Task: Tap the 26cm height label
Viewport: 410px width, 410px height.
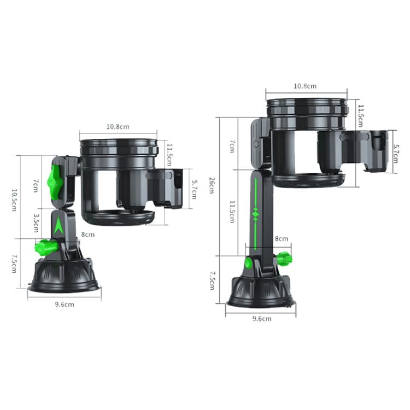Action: tap(213, 186)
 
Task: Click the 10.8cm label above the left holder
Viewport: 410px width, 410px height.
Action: tap(118, 127)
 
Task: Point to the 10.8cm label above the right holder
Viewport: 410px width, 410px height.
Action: tap(305, 86)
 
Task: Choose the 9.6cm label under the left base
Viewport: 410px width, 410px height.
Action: tap(65, 304)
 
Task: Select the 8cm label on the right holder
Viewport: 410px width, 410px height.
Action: tap(281, 238)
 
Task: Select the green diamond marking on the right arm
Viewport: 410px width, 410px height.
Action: tap(254, 214)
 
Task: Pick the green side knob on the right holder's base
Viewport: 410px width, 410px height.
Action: tap(284, 258)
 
